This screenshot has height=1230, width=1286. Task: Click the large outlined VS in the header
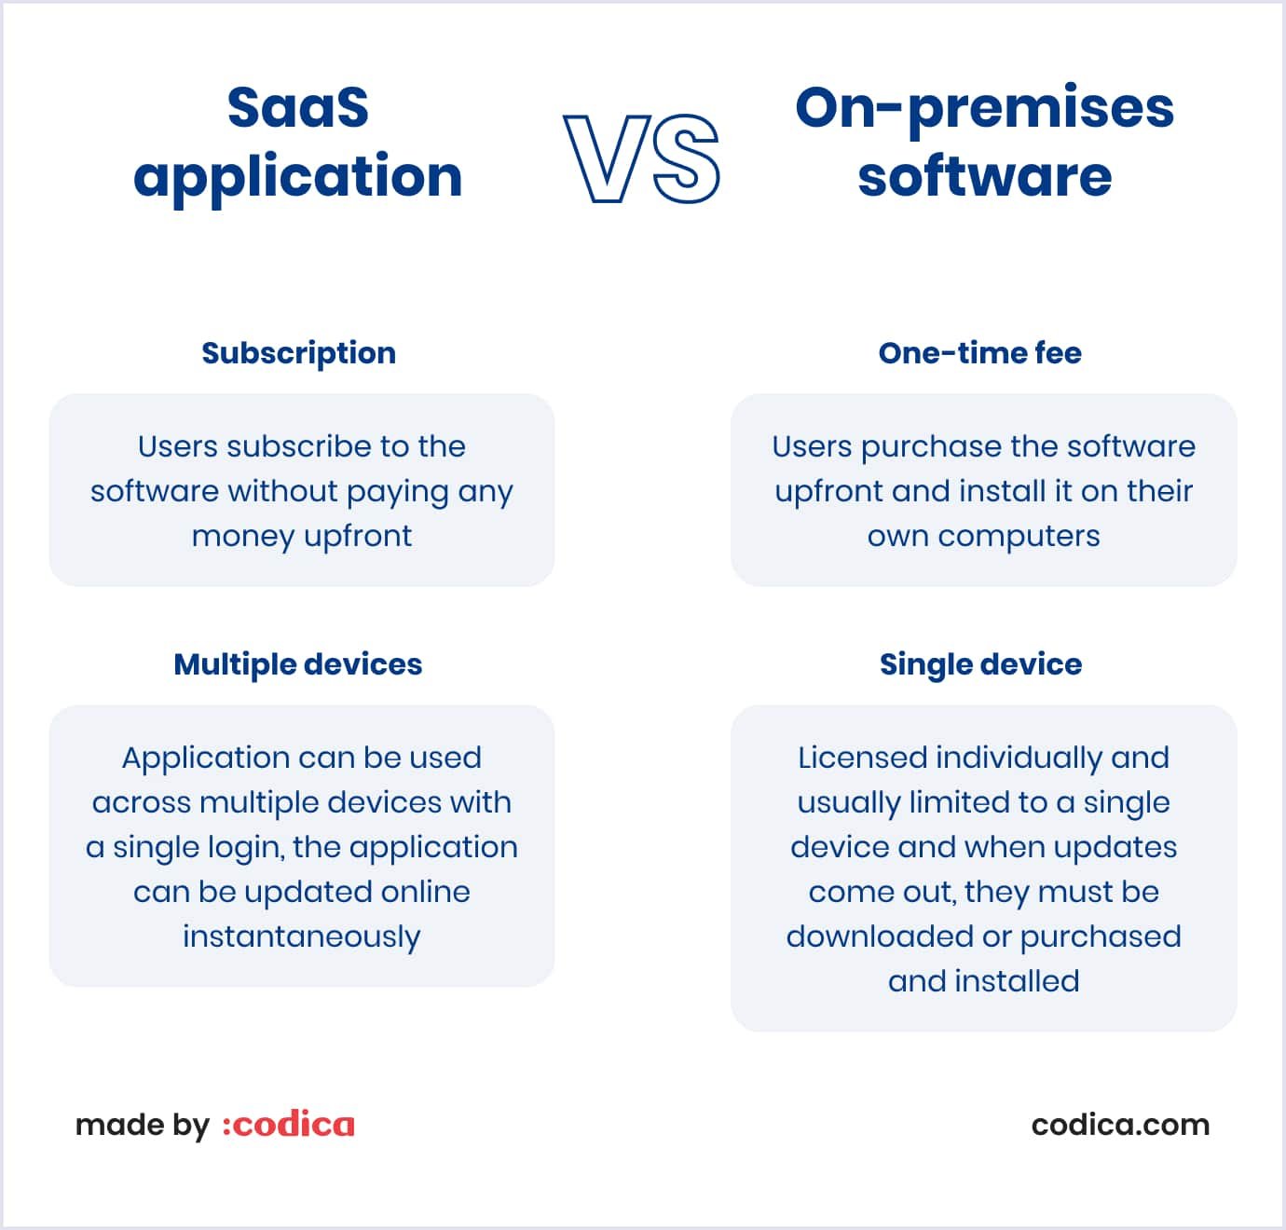642,158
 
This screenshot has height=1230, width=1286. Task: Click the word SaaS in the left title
298,107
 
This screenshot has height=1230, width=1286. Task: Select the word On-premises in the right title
984,107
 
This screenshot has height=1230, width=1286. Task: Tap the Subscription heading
298,353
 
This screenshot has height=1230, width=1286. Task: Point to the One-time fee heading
979,353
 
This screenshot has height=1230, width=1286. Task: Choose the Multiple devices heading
298,664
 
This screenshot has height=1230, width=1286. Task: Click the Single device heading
980,664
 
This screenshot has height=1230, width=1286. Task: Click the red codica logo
289,1125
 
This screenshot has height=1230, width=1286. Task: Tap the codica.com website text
1120,1125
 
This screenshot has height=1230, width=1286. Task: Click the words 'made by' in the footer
142,1126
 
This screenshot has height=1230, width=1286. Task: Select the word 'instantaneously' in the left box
301,936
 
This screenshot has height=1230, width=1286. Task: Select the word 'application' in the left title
298,177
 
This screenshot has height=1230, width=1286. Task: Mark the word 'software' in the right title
984,176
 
